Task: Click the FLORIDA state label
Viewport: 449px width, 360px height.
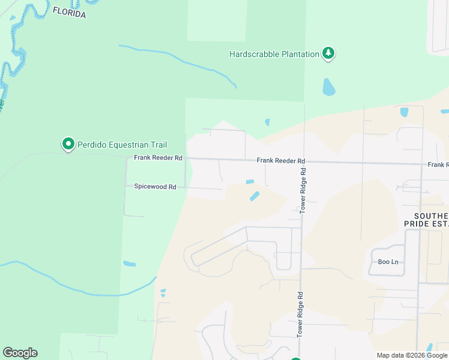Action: click(69, 12)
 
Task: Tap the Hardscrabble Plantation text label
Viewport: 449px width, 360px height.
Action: click(274, 54)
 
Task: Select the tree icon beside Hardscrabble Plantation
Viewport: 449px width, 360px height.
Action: click(328, 53)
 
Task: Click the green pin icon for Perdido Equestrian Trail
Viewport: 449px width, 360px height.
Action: click(68, 144)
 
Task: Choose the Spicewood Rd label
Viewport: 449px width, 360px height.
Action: click(155, 187)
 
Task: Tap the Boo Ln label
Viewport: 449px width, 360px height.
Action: click(388, 262)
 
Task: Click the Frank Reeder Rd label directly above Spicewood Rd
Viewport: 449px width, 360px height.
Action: click(158, 158)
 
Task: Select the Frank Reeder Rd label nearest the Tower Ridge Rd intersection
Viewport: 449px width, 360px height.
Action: click(281, 161)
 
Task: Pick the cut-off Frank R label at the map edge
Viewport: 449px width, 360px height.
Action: click(438, 164)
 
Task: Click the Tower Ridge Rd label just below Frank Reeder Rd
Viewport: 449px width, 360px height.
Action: click(303, 190)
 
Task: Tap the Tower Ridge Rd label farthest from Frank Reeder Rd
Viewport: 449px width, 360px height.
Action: click(298, 314)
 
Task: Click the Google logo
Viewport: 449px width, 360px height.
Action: click(20, 353)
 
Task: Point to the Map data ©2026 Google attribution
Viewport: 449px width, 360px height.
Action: click(412, 355)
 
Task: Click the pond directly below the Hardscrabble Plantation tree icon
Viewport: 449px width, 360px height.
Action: click(328, 88)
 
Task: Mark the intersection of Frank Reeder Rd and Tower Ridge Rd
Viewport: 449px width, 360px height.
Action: click(303, 161)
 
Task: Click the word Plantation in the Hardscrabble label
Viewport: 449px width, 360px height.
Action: click(298, 54)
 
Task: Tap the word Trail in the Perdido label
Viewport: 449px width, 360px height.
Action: click(158, 145)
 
